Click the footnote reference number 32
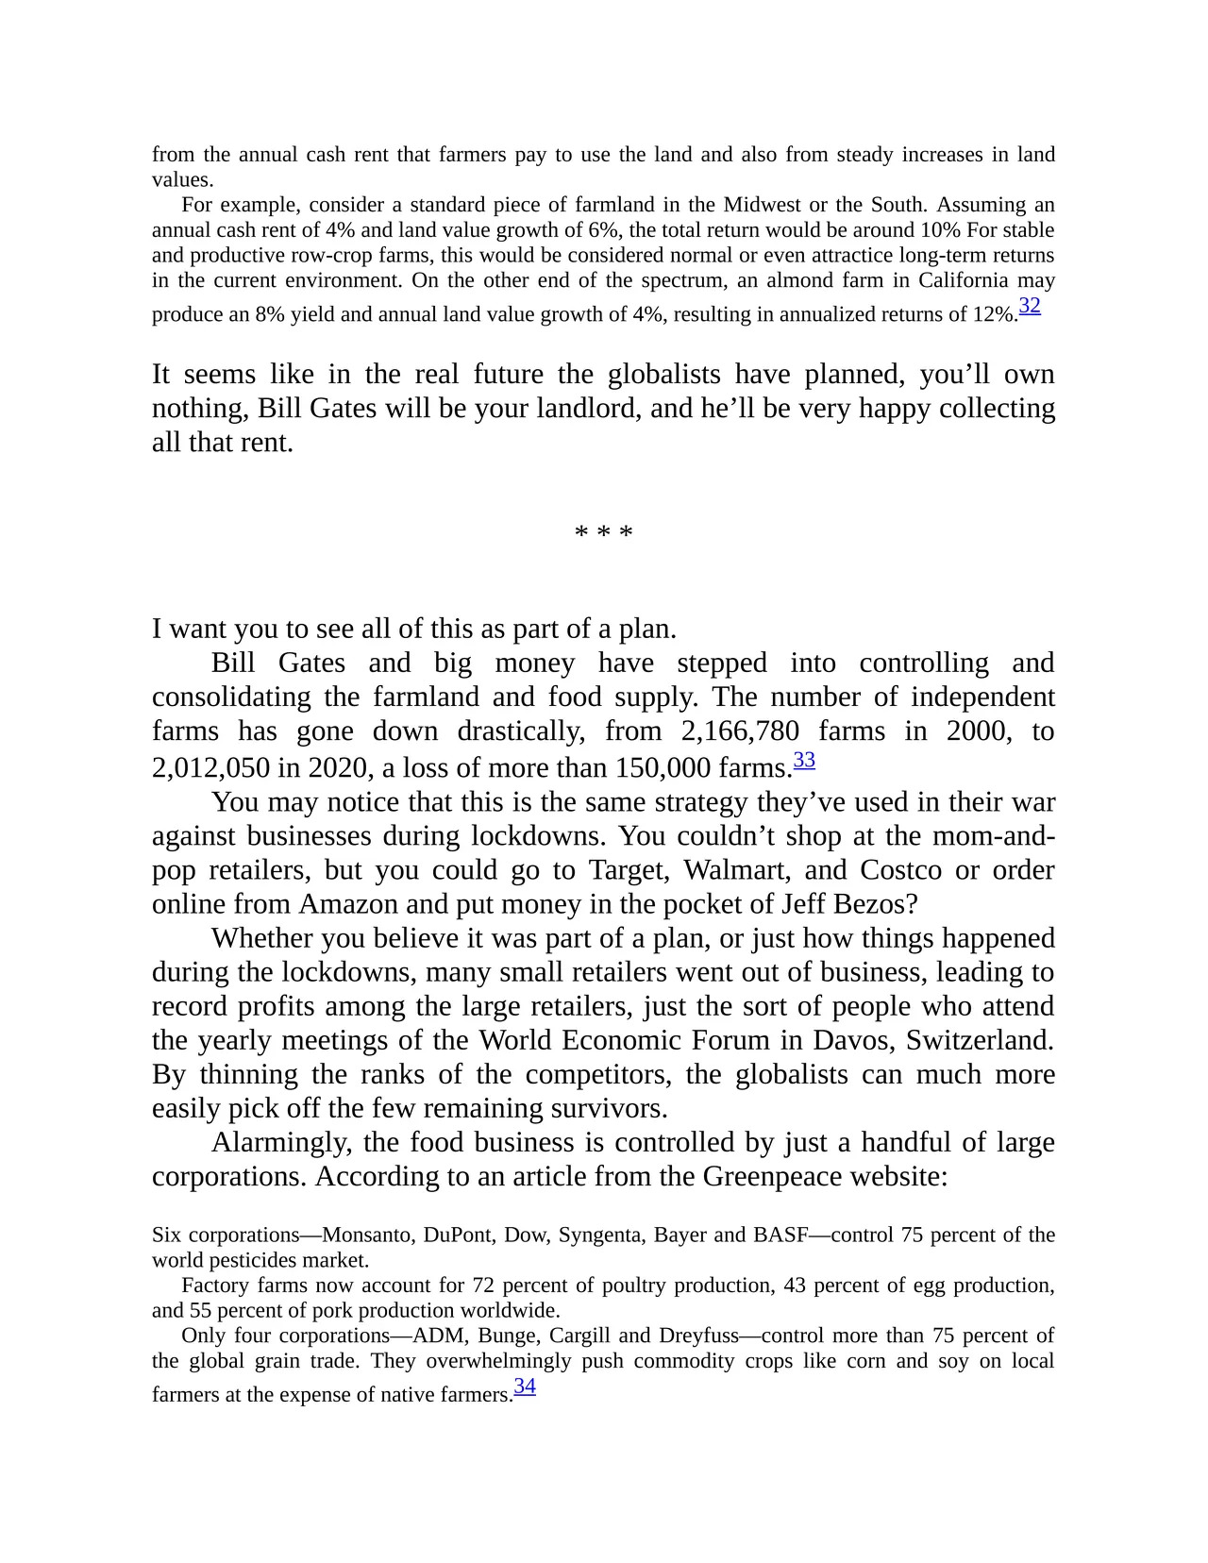pyautogui.click(x=1030, y=306)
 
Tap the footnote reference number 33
pyautogui.click(x=804, y=760)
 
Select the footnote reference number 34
pyautogui.click(x=525, y=1387)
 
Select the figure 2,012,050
pyautogui.click(x=210, y=767)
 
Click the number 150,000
pyautogui.click(x=663, y=767)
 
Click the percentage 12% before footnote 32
pyautogui.click(x=993, y=314)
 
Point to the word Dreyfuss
pyautogui.click(x=702, y=1336)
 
